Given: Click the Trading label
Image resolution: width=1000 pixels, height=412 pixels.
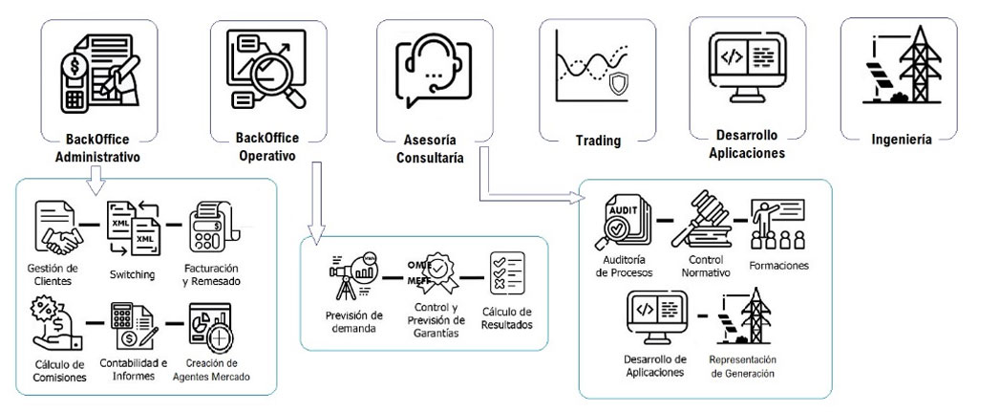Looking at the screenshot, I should [x=598, y=141].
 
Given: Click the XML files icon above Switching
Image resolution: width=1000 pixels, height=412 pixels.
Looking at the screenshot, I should [x=131, y=228].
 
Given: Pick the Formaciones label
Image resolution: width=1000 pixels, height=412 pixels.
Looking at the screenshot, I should [x=778, y=265].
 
